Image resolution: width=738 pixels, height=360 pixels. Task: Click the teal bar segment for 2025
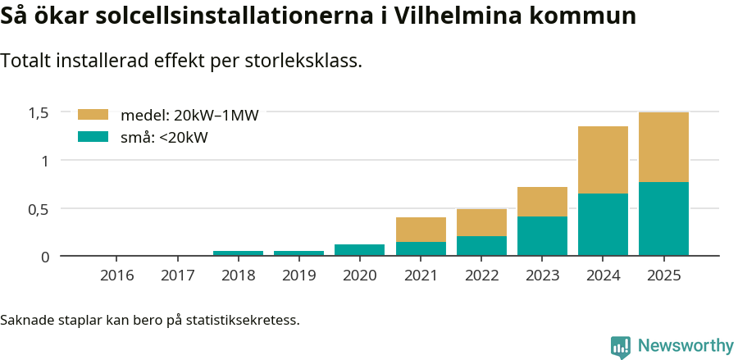coord(663,219)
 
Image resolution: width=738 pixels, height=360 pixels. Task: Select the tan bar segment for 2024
coord(603,160)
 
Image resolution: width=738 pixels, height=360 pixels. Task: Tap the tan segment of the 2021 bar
coord(421,230)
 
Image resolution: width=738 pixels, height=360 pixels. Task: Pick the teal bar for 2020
coord(359,250)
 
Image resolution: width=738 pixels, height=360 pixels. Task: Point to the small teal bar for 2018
coord(238,253)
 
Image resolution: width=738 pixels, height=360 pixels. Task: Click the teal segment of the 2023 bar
coord(542,236)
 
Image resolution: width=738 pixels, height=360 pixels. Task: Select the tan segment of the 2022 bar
coord(481,222)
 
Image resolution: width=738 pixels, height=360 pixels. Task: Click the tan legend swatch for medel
coord(93,115)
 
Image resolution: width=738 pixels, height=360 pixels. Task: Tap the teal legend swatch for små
coord(93,137)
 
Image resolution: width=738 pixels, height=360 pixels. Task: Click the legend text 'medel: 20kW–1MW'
coord(189,116)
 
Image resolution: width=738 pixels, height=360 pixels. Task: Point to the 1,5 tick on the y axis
coord(39,112)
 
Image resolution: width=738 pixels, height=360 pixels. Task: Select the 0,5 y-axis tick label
coord(39,209)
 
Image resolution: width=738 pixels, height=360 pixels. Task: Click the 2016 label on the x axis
coord(116,275)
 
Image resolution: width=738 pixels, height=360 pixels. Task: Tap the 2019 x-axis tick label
coord(298,275)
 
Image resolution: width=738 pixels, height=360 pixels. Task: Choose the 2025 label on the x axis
coord(663,275)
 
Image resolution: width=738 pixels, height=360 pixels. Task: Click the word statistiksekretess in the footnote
coord(243,319)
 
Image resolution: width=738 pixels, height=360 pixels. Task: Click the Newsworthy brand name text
coord(686,346)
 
